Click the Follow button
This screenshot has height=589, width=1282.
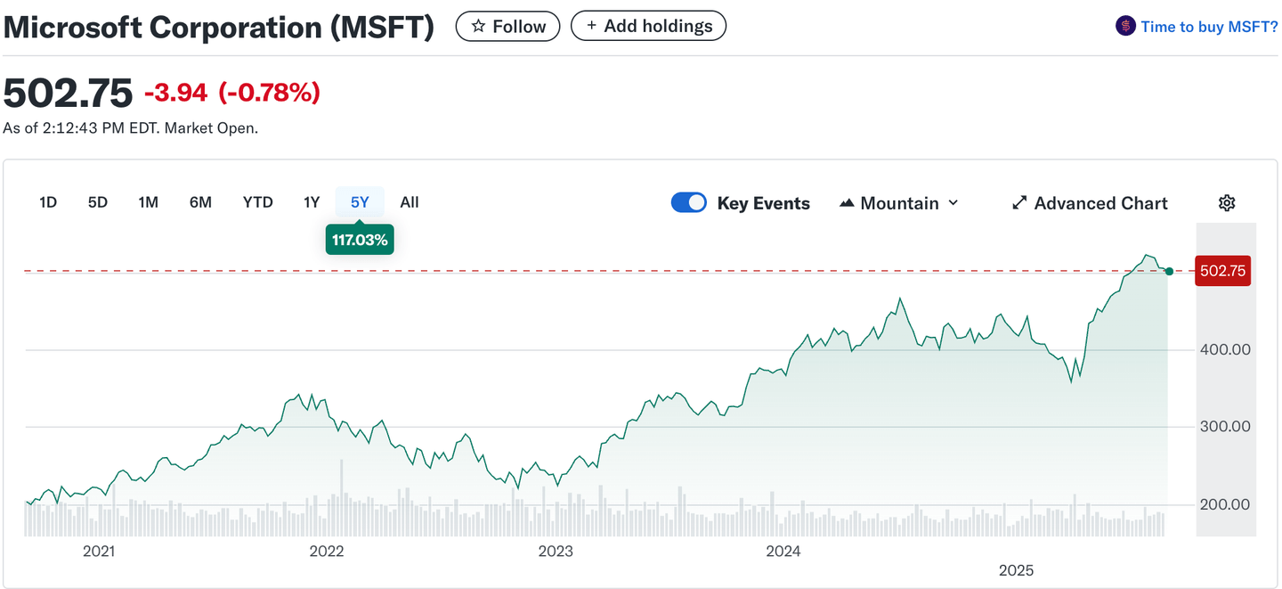pos(507,27)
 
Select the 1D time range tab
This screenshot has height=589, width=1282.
pos(48,202)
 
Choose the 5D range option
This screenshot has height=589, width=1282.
pos(98,202)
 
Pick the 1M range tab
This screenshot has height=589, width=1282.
pos(148,202)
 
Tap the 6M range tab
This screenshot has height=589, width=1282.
pos(200,202)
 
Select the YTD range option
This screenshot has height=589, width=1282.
pos(258,202)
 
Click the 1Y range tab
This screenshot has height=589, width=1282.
pos(312,202)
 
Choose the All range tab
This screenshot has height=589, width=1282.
pos(410,202)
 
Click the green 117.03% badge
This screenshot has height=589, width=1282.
pos(360,240)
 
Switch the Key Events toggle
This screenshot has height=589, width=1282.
pos(689,203)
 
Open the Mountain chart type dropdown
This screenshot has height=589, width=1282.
pos(899,203)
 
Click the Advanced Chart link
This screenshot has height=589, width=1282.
pos(1090,203)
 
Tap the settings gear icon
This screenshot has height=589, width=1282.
pos(1227,203)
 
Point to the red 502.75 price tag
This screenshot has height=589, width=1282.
pos(1222,271)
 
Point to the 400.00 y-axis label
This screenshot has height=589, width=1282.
pos(1225,349)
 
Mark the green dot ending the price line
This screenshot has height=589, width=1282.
pos(1169,271)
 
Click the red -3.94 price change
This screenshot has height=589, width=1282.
pos(175,92)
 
